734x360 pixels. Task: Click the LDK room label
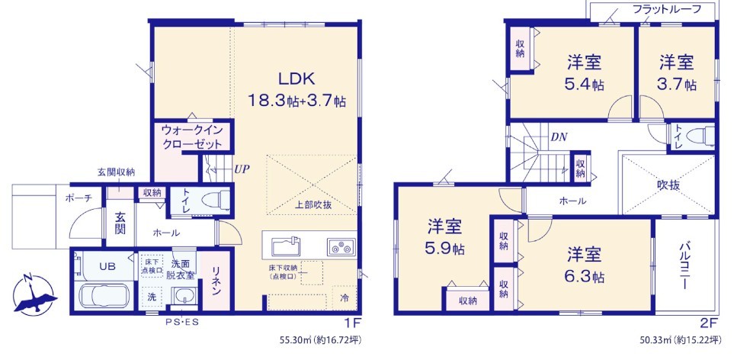click(x=296, y=79)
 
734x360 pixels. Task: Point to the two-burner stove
click(x=341, y=246)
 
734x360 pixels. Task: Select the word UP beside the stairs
click(x=241, y=169)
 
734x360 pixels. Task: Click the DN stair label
click(x=559, y=137)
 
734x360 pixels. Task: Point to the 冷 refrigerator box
click(x=345, y=297)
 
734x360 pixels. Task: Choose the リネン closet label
click(x=216, y=281)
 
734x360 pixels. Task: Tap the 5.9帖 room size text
click(x=444, y=249)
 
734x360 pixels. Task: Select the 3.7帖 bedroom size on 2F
click(x=676, y=84)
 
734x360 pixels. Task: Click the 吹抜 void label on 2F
click(x=668, y=185)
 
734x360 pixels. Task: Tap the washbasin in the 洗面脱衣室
click(x=183, y=297)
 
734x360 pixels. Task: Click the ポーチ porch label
click(x=79, y=198)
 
